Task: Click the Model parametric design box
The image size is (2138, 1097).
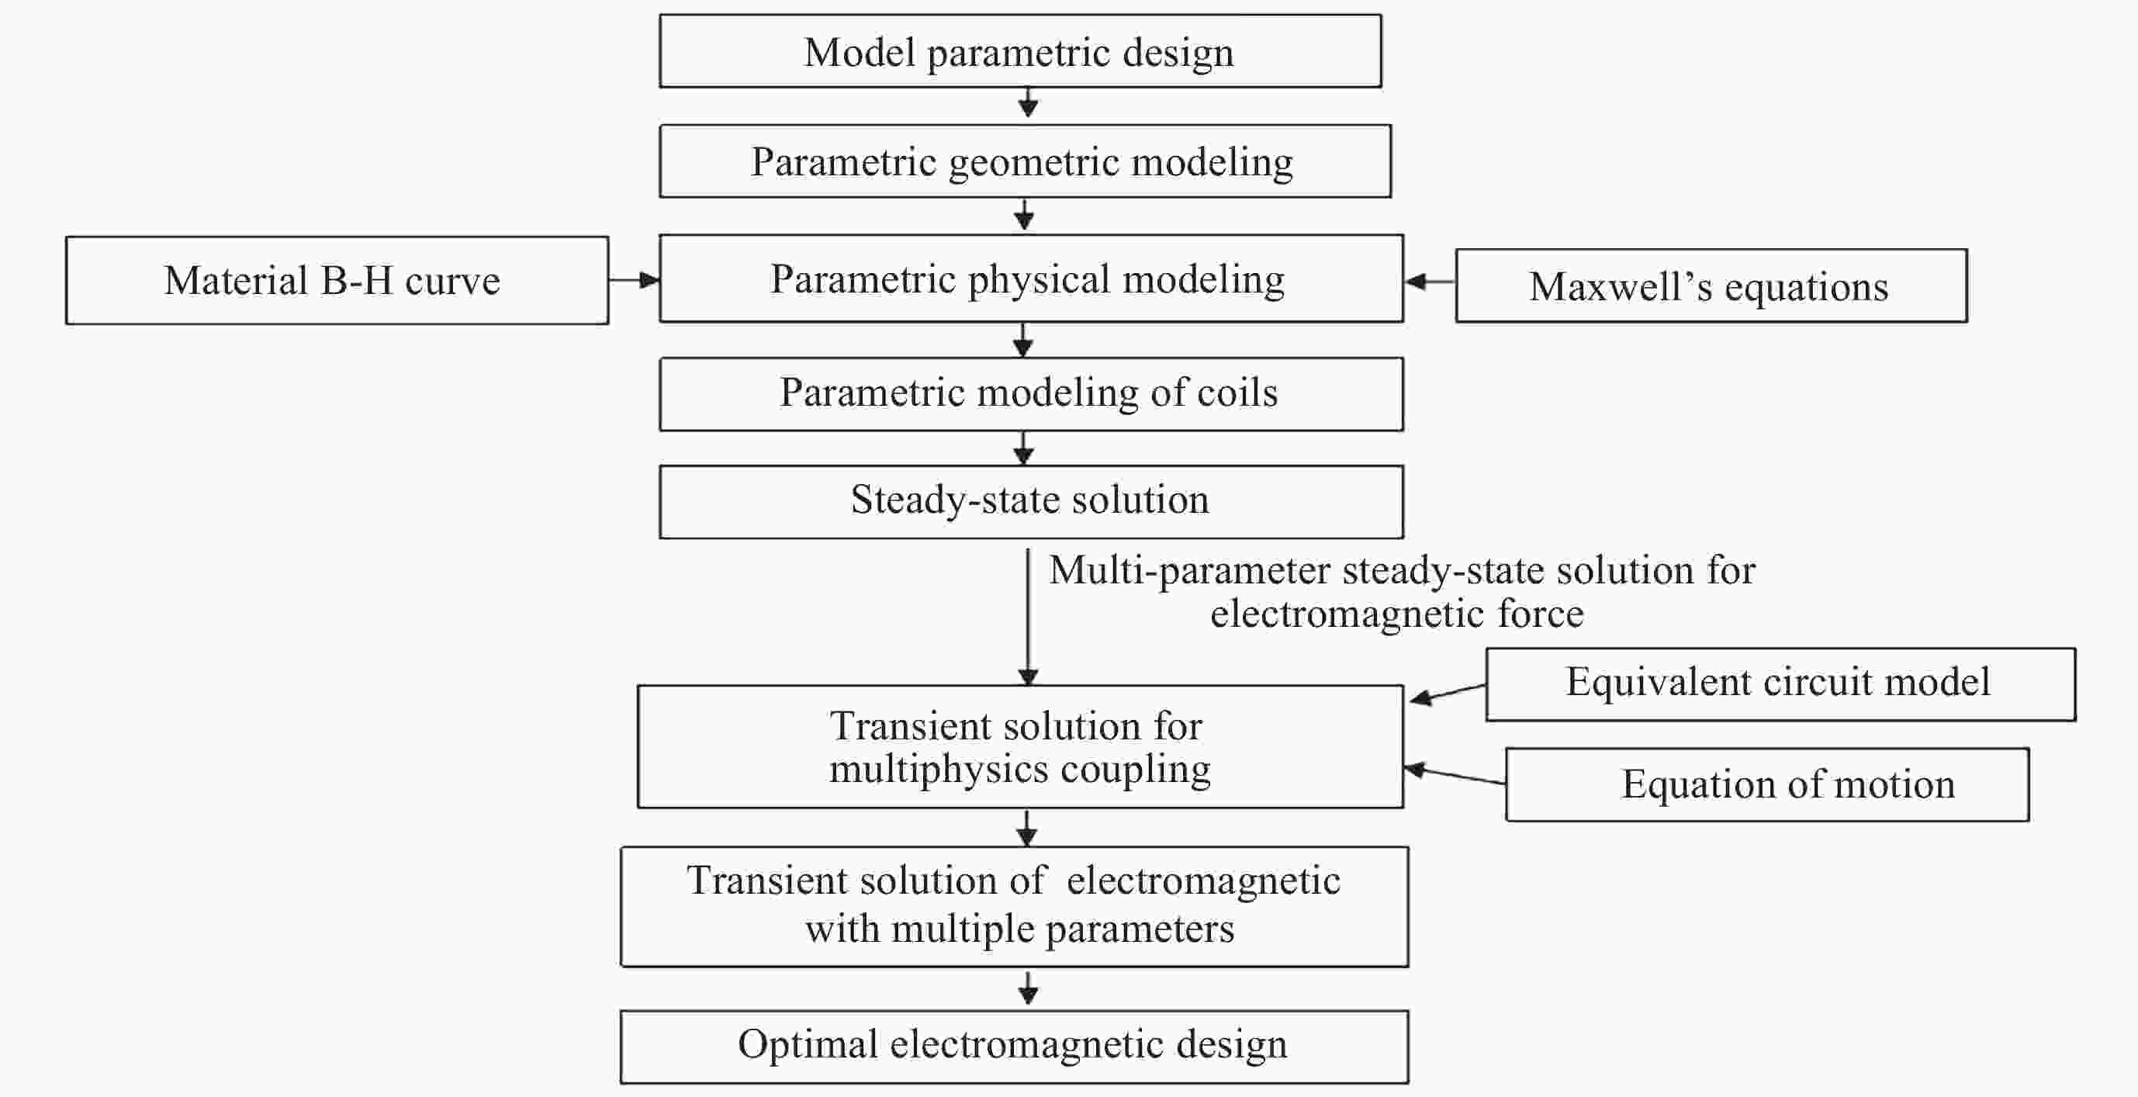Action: coord(1020,51)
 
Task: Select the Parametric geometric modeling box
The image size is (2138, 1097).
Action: coord(1024,162)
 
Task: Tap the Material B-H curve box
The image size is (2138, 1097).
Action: coord(336,281)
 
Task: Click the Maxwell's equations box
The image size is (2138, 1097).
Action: coord(1711,286)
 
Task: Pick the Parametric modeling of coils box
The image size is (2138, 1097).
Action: coord(1031,394)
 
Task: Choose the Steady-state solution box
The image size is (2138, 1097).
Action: coord(1031,501)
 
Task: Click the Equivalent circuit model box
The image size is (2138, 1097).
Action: coord(1780,684)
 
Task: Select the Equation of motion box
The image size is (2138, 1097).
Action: coord(1767,785)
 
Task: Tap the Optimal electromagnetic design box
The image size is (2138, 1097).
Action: coord(1013,1047)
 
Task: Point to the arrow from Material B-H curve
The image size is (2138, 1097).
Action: coord(634,281)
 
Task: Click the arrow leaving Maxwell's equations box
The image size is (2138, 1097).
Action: coord(1430,282)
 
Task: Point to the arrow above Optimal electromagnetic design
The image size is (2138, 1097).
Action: coord(1029,988)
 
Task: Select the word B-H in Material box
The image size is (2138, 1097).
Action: coord(357,282)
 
